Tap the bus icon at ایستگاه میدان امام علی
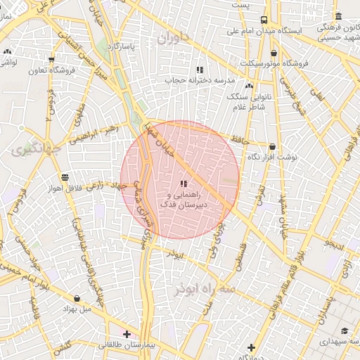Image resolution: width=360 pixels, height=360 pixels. click(x=264, y=20)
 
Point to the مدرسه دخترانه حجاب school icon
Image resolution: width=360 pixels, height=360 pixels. click(x=200, y=70)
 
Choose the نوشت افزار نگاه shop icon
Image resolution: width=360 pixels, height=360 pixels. click(x=273, y=147)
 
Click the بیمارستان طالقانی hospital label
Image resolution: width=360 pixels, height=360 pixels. click(x=124, y=345)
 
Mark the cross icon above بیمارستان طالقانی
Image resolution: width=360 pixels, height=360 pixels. click(x=126, y=333)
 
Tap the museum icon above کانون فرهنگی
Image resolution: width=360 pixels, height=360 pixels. click(x=339, y=16)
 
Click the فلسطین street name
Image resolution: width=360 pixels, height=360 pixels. click(x=240, y=253)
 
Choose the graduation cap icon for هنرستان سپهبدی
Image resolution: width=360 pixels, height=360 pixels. click(x=344, y=330)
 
